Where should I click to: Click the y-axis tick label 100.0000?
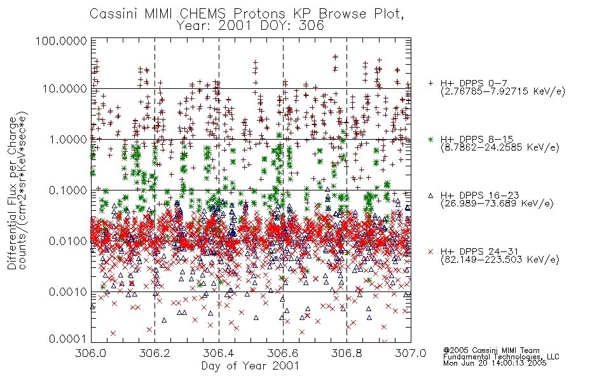pyautogui.click(x=61, y=41)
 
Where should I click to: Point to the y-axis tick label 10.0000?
pyautogui.click(x=64, y=89)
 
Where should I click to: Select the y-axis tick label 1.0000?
pyautogui.click(x=67, y=139)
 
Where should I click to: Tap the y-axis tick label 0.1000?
pyautogui.click(x=67, y=190)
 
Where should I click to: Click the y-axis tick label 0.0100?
pyautogui.click(x=67, y=241)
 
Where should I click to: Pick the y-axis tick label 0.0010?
pyautogui.click(x=67, y=292)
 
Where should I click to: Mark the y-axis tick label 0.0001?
pyautogui.click(x=67, y=339)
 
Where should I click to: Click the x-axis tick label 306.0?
pyautogui.click(x=90, y=353)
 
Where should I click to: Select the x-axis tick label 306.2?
pyautogui.click(x=154, y=353)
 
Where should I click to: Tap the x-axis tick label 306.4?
pyautogui.click(x=219, y=353)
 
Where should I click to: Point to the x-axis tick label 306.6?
pyautogui.click(x=283, y=353)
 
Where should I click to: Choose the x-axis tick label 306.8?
pyautogui.click(x=347, y=353)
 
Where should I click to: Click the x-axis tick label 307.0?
pyautogui.click(x=411, y=353)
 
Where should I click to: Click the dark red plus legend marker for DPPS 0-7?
pyautogui.click(x=430, y=83)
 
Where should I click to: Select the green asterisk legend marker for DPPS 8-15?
pyautogui.click(x=430, y=139)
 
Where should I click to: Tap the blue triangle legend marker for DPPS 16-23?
pyautogui.click(x=430, y=196)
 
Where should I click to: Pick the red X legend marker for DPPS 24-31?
pyautogui.click(x=430, y=251)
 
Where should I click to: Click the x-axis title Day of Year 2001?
pyautogui.click(x=250, y=366)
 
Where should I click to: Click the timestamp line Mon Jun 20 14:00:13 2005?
pyautogui.click(x=495, y=363)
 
